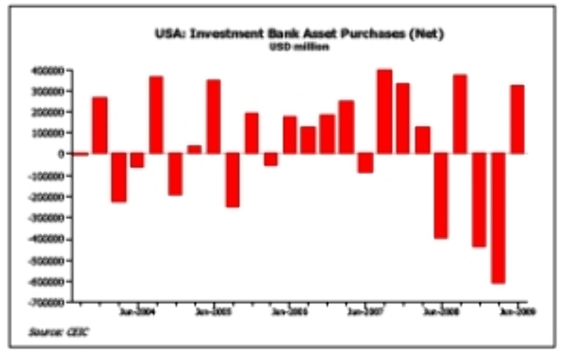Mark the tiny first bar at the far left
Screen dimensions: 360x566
coord(81,153)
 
